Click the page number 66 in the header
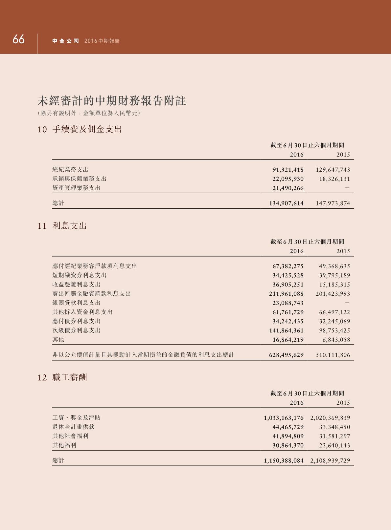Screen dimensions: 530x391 (x=18, y=39)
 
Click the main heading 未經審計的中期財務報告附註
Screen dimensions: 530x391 (x=112, y=101)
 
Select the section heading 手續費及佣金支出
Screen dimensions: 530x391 (x=87, y=129)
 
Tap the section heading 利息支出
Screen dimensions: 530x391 (x=70, y=226)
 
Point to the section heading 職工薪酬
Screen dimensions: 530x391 (x=70, y=377)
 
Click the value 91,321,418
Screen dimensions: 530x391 (x=288, y=170)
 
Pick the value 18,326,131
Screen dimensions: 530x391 (x=334, y=179)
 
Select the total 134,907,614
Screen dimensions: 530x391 (x=286, y=203)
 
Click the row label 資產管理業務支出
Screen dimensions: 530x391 (x=76, y=188)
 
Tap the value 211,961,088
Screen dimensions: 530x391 (x=286, y=294)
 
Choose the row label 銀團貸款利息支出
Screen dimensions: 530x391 (x=76, y=303)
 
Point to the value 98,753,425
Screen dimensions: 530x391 (x=334, y=330)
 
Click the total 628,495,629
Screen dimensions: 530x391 (x=286, y=355)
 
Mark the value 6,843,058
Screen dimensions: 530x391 (x=336, y=340)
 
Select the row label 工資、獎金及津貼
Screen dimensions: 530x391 (x=76, y=418)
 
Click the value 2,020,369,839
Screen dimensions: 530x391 (x=330, y=418)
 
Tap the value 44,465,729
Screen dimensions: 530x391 (x=288, y=427)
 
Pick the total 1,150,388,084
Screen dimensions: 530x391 (x=284, y=460)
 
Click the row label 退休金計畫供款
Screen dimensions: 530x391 (x=73, y=427)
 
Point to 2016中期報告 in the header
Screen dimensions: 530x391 (x=102, y=41)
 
